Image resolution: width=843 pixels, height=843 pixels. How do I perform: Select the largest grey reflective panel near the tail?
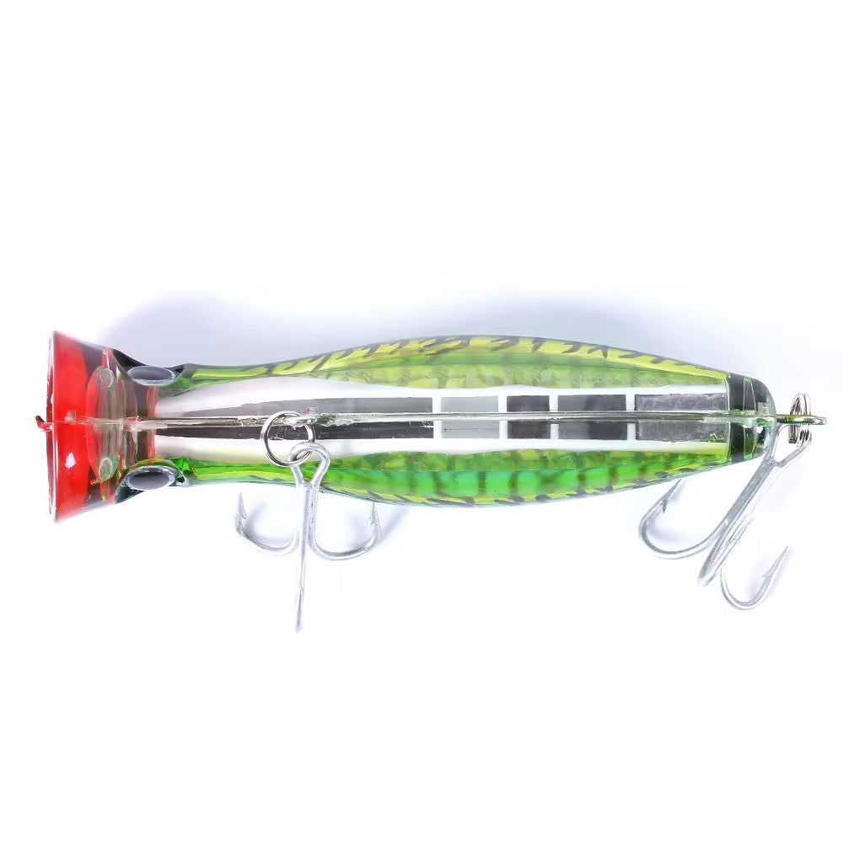pyautogui.click(x=679, y=403)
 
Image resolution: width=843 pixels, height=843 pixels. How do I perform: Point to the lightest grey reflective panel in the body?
pyautogui.click(x=468, y=405)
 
